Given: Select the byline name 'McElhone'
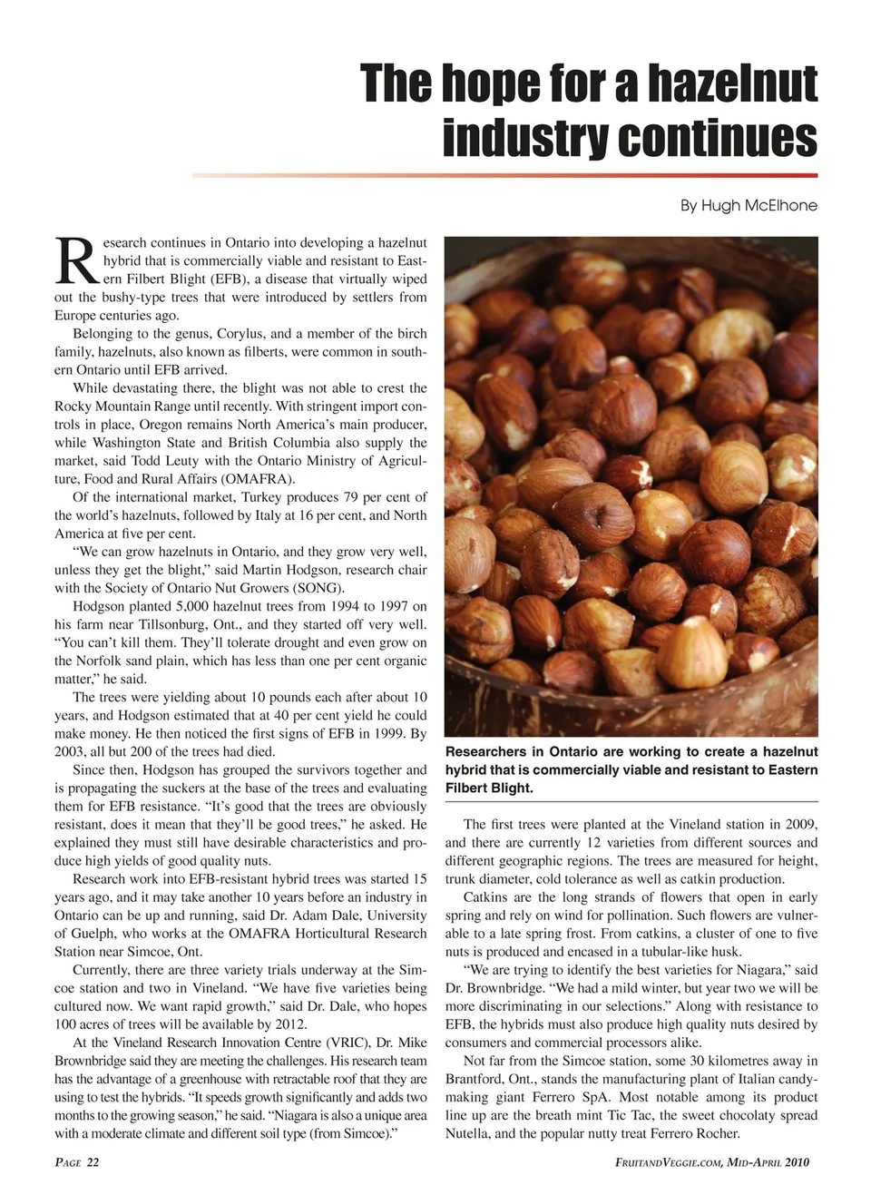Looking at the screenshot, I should click(x=779, y=205).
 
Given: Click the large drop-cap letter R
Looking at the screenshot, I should click(x=74, y=261).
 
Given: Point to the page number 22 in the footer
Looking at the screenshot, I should click(x=93, y=1162).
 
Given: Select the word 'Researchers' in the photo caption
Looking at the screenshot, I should click(x=485, y=751).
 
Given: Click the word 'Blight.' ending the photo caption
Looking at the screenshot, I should click(x=510, y=788).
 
